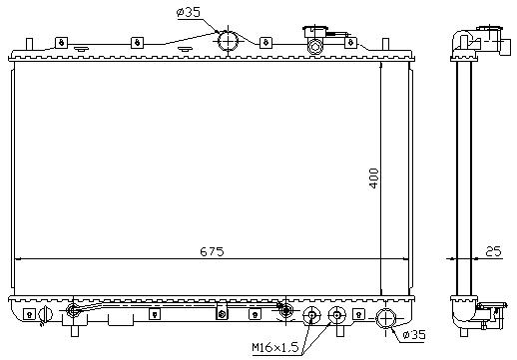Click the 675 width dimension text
pyautogui.click(x=212, y=251)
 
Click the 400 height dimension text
pyautogui.click(x=374, y=179)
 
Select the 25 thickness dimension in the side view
pyautogui.click(x=493, y=251)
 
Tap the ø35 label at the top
pyautogui.click(x=189, y=13)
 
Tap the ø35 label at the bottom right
pyautogui.click(x=414, y=334)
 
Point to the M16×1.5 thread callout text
pyautogui.click(x=275, y=348)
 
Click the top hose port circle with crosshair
pyautogui.click(x=228, y=42)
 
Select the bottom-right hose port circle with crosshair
pyautogui.click(x=385, y=318)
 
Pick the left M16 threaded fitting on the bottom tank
pyautogui.click(x=311, y=315)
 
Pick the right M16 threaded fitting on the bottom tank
pyautogui.click(x=337, y=315)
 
